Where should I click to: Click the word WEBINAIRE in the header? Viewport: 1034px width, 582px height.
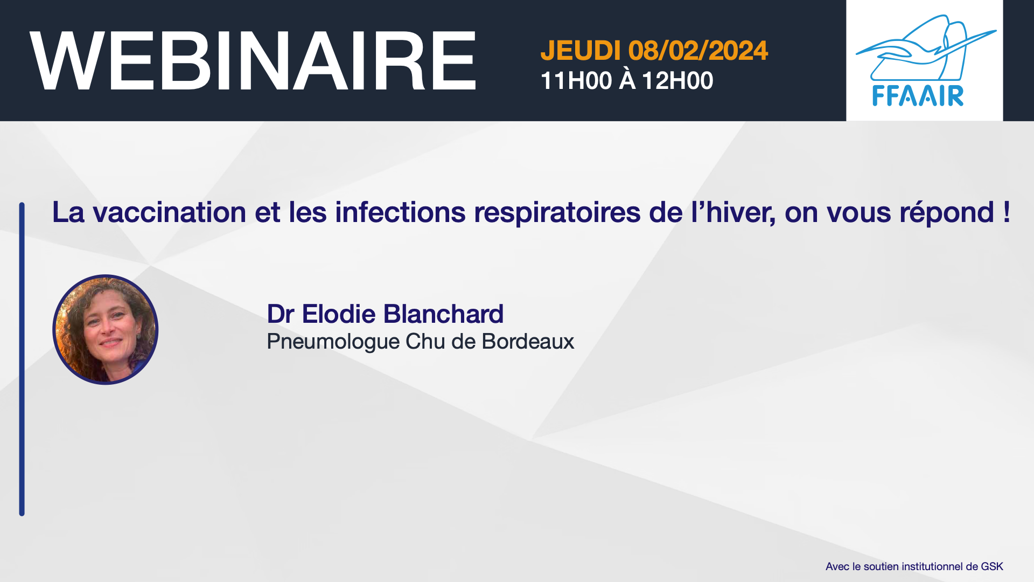[253, 61]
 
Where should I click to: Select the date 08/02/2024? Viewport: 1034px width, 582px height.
[698, 51]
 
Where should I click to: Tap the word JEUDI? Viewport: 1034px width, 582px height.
[581, 51]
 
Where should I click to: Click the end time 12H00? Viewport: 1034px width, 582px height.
[677, 81]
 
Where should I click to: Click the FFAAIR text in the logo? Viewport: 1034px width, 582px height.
[918, 96]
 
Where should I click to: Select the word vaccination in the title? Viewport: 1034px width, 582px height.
[170, 212]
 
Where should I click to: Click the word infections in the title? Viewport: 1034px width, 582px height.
[400, 212]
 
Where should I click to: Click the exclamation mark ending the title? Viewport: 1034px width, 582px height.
[1007, 212]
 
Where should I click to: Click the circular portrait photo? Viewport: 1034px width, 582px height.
[106, 330]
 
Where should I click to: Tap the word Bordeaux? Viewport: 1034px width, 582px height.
[528, 342]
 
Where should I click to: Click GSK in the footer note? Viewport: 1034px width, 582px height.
[992, 566]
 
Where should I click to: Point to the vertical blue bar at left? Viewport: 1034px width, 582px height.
[22, 359]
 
